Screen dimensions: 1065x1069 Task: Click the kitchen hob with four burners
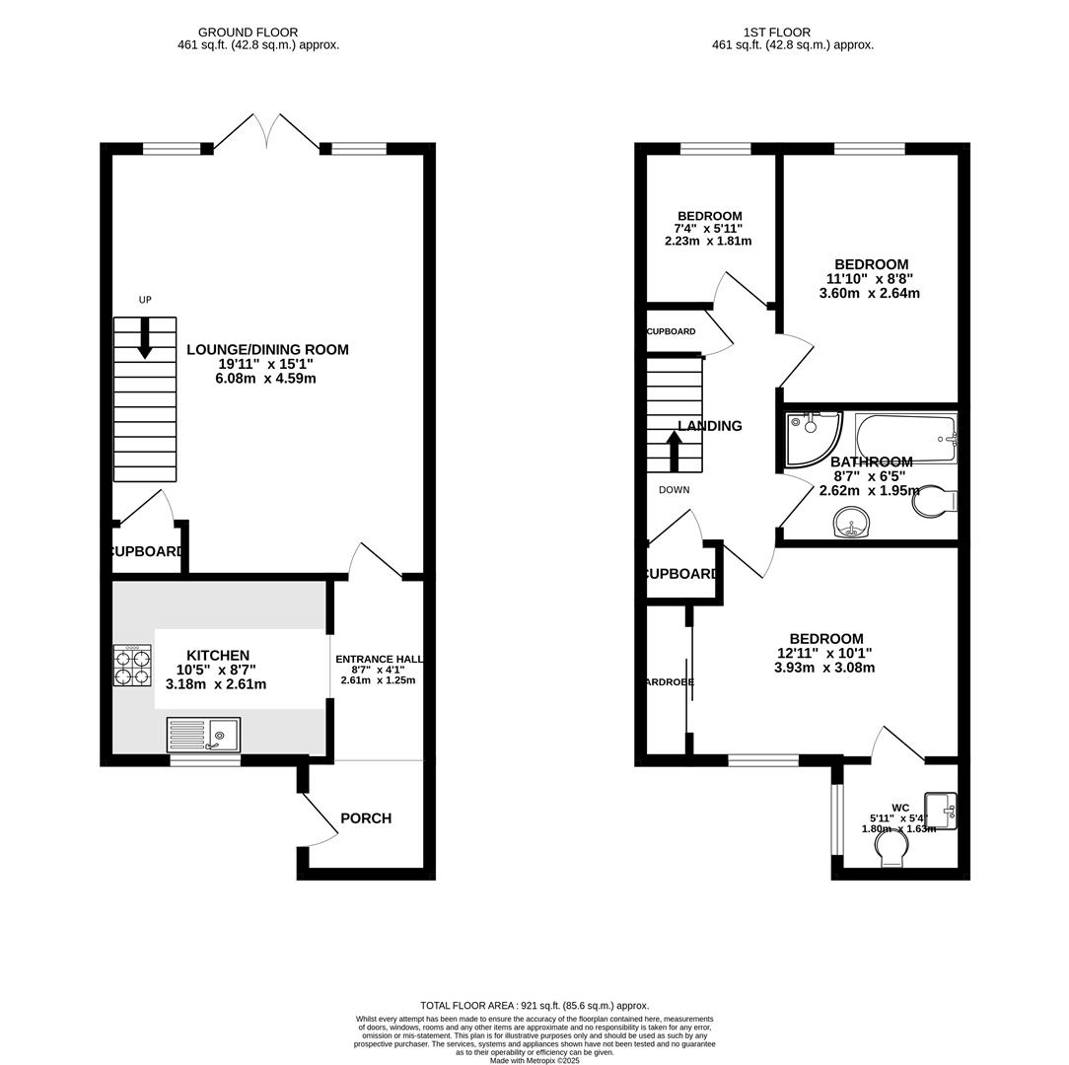(x=133, y=666)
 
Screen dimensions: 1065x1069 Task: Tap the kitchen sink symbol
(x=203, y=735)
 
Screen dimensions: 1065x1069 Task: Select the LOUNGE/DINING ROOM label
(x=267, y=350)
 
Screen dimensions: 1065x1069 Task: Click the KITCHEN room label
(x=218, y=656)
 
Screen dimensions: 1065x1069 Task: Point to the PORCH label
(x=366, y=818)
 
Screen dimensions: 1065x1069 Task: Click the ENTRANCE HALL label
(x=379, y=660)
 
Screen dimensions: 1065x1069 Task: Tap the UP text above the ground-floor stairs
(x=145, y=300)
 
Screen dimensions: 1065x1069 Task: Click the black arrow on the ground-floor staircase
(x=145, y=338)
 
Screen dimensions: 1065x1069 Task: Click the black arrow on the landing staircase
(x=675, y=453)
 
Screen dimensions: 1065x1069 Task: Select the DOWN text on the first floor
(x=675, y=490)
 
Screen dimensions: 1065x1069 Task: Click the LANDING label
(x=710, y=426)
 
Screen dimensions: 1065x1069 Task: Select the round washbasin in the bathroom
(x=853, y=523)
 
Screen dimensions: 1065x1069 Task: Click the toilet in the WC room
(x=891, y=851)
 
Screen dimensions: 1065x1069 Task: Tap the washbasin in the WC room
(x=941, y=811)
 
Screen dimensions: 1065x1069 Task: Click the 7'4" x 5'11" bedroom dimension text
(x=709, y=229)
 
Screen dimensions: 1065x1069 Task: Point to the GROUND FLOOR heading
(x=248, y=33)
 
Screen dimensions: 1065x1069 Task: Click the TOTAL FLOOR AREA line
(x=534, y=1006)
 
